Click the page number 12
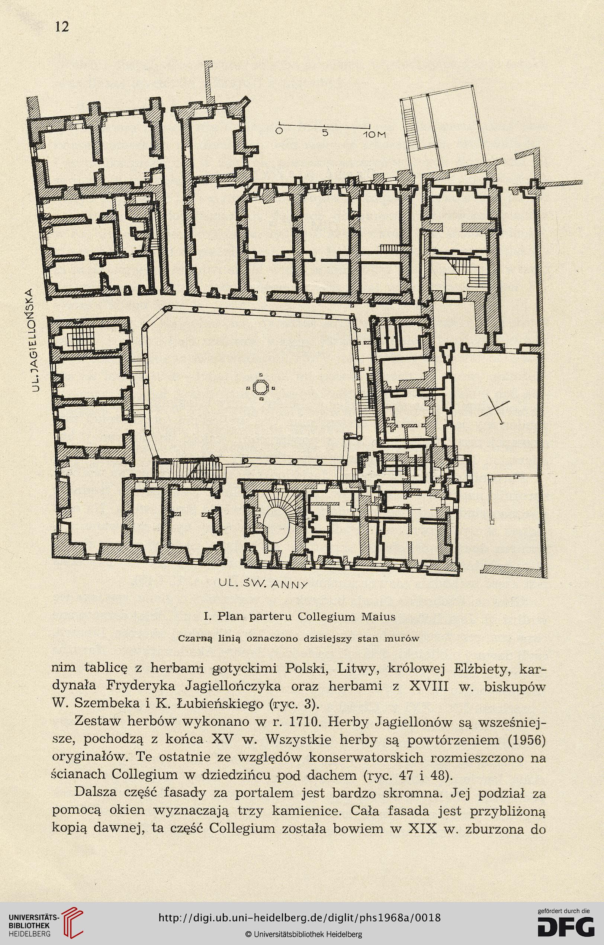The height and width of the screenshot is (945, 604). [x=62, y=27]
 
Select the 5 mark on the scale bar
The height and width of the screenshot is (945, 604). [x=325, y=133]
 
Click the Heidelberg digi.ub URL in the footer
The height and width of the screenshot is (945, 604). [x=299, y=915]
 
